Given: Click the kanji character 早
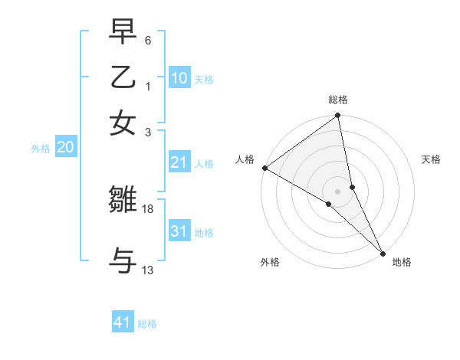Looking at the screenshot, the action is pyautogui.click(x=123, y=33).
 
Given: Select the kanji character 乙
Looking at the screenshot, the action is pyautogui.click(x=123, y=77).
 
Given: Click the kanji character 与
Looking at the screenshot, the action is pyautogui.click(x=123, y=260).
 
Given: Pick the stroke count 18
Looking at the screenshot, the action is pyautogui.click(x=148, y=208).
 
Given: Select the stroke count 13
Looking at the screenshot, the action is pyautogui.click(x=148, y=270).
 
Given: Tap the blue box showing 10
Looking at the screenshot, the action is pyautogui.click(x=179, y=78).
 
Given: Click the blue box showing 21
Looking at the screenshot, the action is pyautogui.click(x=179, y=162).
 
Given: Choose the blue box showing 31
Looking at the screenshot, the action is pyautogui.click(x=179, y=231).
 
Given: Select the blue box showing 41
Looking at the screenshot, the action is pyautogui.click(x=123, y=322).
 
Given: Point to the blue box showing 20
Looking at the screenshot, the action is pyautogui.click(x=65, y=148).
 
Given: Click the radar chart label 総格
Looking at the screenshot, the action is pyautogui.click(x=338, y=100).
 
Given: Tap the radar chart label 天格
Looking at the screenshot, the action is pyautogui.click(x=432, y=159).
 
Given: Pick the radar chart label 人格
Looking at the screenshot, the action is pyautogui.click(x=245, y=159).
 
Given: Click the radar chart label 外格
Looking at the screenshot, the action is pyautogui.click(x=270, y=263).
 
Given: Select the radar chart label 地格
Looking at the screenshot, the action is pyautogui.click(x=402, y=263).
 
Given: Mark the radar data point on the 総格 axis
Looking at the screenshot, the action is pyautogui.click(x=338, y=116).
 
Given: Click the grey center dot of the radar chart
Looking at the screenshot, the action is pyautogui.click(x=338, y=190).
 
